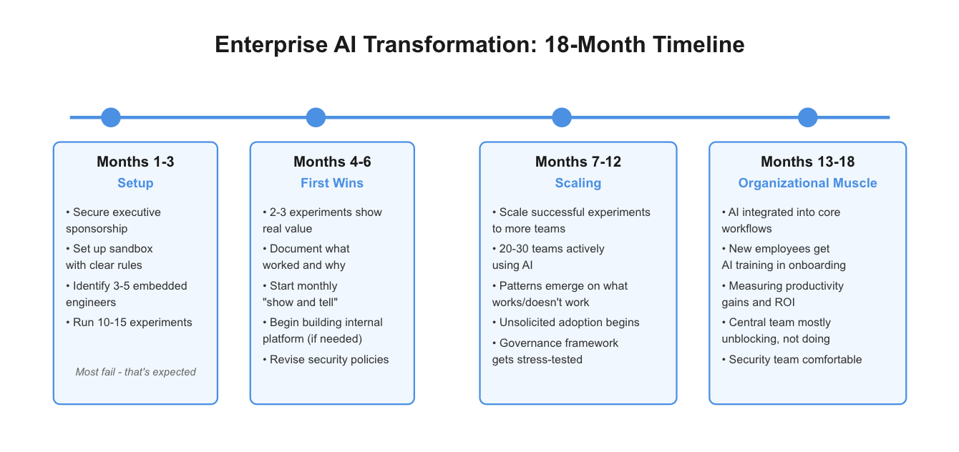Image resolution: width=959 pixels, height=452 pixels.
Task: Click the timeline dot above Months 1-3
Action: tap(111, 117)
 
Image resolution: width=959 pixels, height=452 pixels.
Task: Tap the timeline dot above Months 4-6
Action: tap(316, 117)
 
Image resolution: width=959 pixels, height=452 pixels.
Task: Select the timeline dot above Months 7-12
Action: tap(562, 117)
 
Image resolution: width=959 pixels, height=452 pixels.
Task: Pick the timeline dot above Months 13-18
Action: tap(807, 117)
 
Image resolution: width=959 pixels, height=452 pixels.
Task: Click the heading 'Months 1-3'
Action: tap(135, 162)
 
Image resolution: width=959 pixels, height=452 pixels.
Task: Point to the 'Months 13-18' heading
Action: tap(807, 162)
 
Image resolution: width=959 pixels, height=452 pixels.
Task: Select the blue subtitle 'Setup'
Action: tap(135, 183)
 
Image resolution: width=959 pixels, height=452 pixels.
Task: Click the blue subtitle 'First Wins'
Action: tap(332, 183)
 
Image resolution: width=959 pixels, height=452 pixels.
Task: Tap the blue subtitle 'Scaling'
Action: tap(578, 183)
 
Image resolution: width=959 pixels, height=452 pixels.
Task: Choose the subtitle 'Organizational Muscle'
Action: tap(807, 183)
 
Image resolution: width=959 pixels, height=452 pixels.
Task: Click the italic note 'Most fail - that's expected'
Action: tap(135, 372)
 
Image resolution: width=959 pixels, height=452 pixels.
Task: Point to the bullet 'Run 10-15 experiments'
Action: tap(132, 323)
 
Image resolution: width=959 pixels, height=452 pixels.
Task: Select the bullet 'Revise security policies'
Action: tap(329, 360)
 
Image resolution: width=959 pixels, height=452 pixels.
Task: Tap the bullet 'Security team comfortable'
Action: tap(795, 360)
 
